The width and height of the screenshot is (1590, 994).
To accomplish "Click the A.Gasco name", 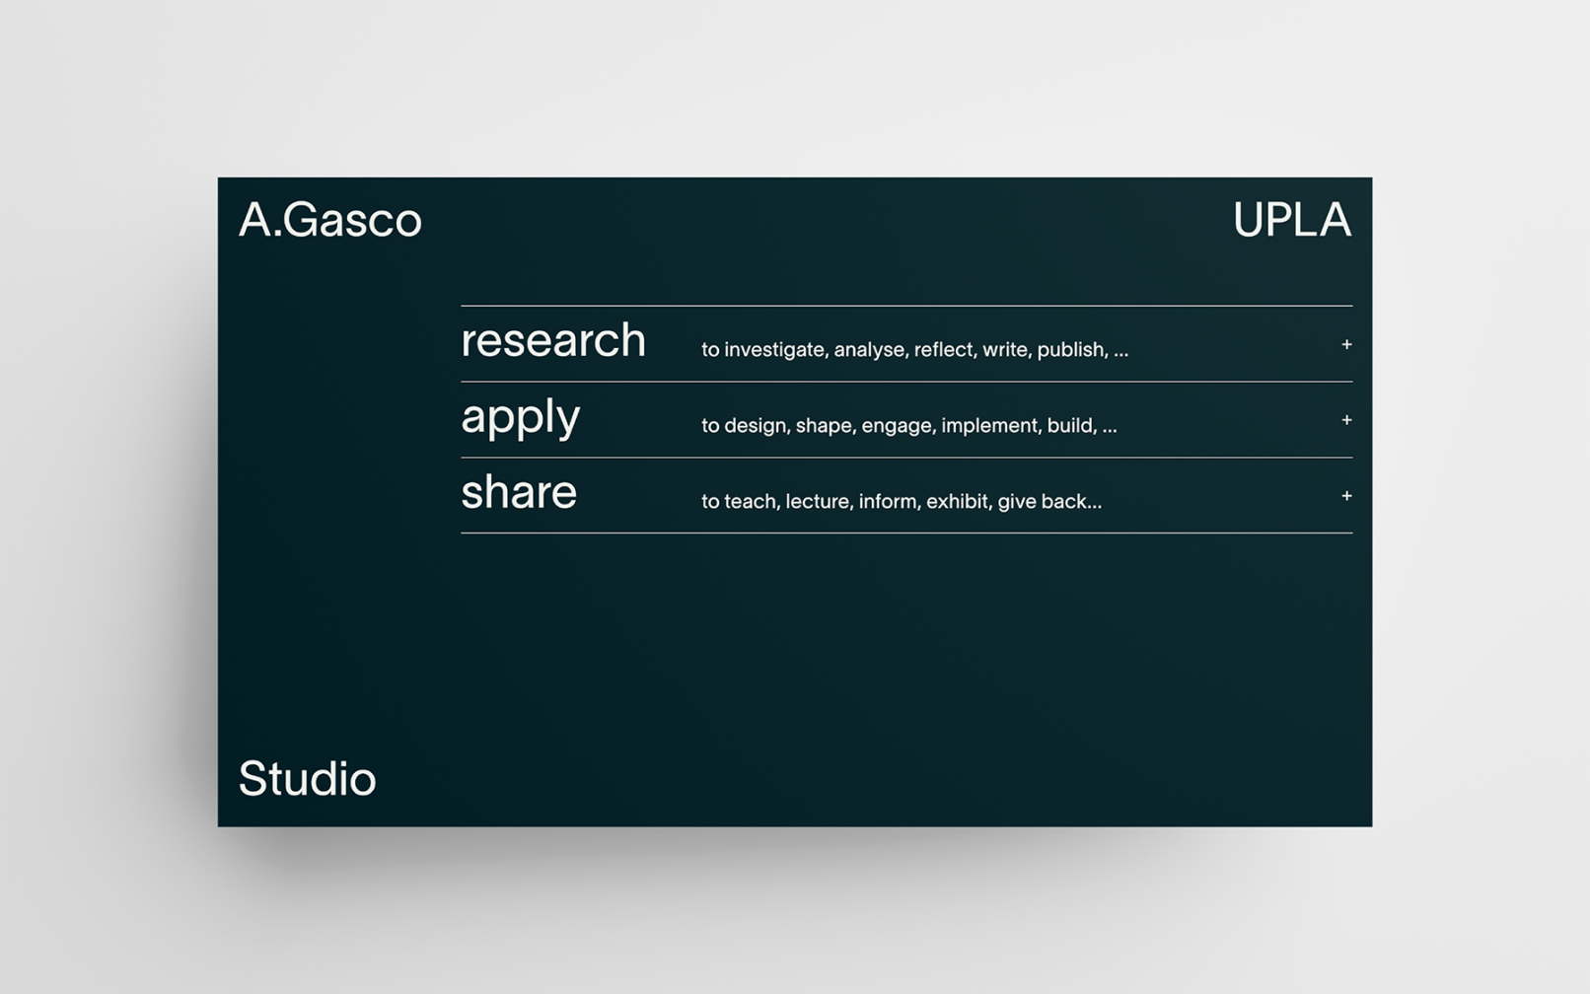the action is point(330,219).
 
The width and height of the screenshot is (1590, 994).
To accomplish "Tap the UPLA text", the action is point(1292,219).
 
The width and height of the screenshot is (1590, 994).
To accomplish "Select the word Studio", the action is point(307,778).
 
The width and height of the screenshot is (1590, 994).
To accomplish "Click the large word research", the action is point(553,339).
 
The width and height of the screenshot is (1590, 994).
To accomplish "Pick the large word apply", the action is point(520,418).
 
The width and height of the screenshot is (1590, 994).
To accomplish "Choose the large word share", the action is point(519,491).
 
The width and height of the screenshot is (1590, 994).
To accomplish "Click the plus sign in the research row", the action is point(1346,344).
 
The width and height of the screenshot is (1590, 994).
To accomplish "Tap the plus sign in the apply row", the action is point(1346,420).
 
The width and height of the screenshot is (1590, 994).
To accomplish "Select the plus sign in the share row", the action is point(1346,496).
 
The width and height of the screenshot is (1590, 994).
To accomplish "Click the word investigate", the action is point(776,350).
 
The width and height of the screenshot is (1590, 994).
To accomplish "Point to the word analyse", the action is point(871,350).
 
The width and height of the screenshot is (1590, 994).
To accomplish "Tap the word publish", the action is point(1072,349).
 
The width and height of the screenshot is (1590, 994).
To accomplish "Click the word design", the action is point(757,426).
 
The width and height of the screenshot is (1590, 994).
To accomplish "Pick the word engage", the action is point(899,426).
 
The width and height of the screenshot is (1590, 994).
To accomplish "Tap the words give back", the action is point(1049,501).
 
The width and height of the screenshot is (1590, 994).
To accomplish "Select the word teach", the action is point(752,501).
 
